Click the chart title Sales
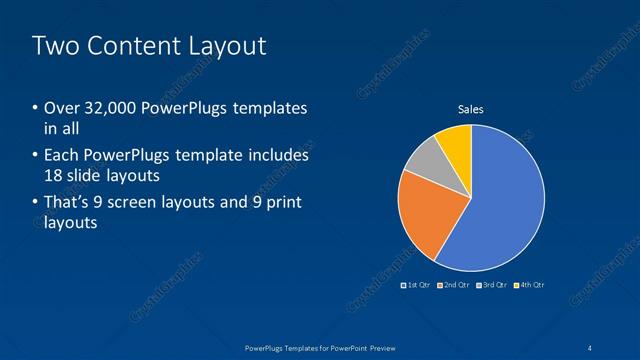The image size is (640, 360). coord(471,109)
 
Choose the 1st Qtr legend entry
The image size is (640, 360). coord(417,286)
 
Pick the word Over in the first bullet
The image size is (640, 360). coord(61,108)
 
